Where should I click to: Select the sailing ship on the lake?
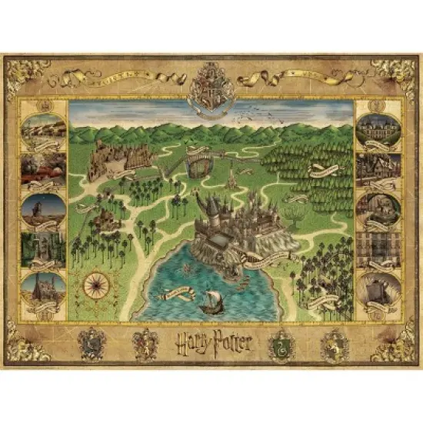(210, 302)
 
